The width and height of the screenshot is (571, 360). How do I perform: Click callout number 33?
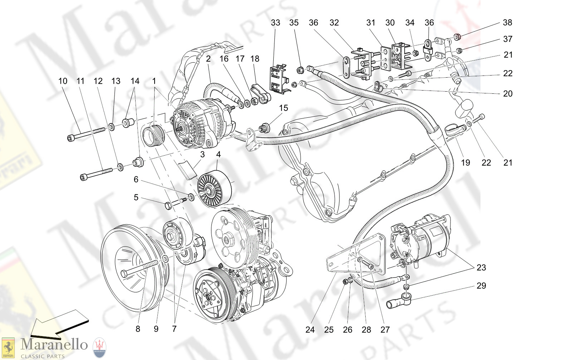point(275,23)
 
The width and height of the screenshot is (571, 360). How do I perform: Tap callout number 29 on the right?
point(481,286)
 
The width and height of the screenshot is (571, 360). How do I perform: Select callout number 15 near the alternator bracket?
point(283,108)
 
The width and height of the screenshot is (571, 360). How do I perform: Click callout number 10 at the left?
point(63,81)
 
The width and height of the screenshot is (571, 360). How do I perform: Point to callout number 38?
point(507,23)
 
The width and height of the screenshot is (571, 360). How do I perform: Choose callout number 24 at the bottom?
point(310,330)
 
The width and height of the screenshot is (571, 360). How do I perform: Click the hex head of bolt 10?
point(70,138)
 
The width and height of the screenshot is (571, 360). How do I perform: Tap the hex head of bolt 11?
point(83,177)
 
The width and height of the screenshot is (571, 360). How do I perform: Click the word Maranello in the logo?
point(54,344)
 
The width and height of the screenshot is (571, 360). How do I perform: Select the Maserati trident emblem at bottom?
point(99,347)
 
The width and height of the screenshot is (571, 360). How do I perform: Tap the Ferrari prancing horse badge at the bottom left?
point(8,347)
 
